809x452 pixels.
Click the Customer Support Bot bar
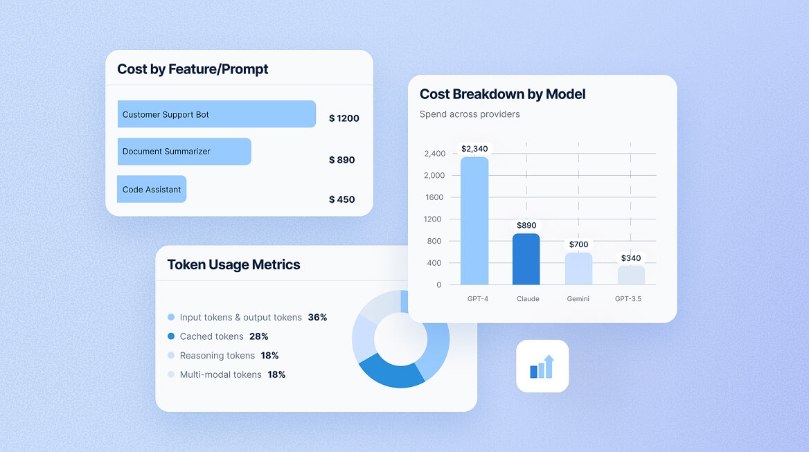click(x=216, y=114)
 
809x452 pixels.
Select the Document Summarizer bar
click(x=184, y=152)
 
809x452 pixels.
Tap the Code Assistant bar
click(x=152, y=189)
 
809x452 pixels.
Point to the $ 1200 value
click(x=344, y=118)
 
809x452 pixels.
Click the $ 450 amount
click(x=341, y=199)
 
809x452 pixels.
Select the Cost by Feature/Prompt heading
click(x=193, y=69)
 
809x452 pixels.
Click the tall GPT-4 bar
click(x=474, y=222)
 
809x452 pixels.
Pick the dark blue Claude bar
click(x=526, y=260)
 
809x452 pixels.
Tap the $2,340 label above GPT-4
click(x=474, y=149)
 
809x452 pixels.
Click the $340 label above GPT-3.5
click(x=631, y=258)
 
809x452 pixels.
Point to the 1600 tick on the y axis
click(x=434, y=197)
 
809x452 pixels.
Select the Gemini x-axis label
click(x=578, y=299)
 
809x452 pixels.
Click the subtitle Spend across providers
click(x=470, y=114)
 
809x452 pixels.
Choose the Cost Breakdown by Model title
click(x=503, y=94)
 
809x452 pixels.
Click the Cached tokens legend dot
click(x=171, y=336)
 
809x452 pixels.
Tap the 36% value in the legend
click(x=317, y=318)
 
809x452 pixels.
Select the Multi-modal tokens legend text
click(x=220, y=374)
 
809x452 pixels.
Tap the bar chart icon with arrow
click(x=542, y=366)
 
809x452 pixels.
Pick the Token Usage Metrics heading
click(x=233, y=264)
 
